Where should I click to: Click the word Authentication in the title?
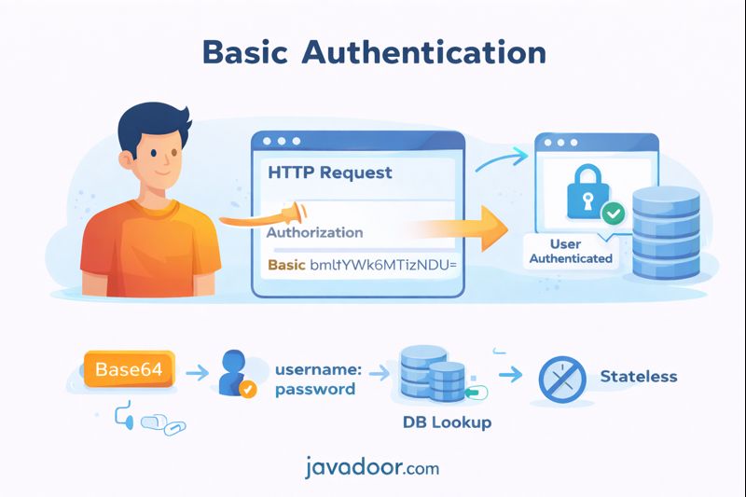click(424, 52)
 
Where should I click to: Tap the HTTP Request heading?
click(330, 173)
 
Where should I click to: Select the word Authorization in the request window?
click(315, 232)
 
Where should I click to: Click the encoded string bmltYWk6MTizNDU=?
click(385, 265)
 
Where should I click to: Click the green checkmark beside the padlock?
click(613, 214)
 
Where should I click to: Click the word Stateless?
click(639, 377)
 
